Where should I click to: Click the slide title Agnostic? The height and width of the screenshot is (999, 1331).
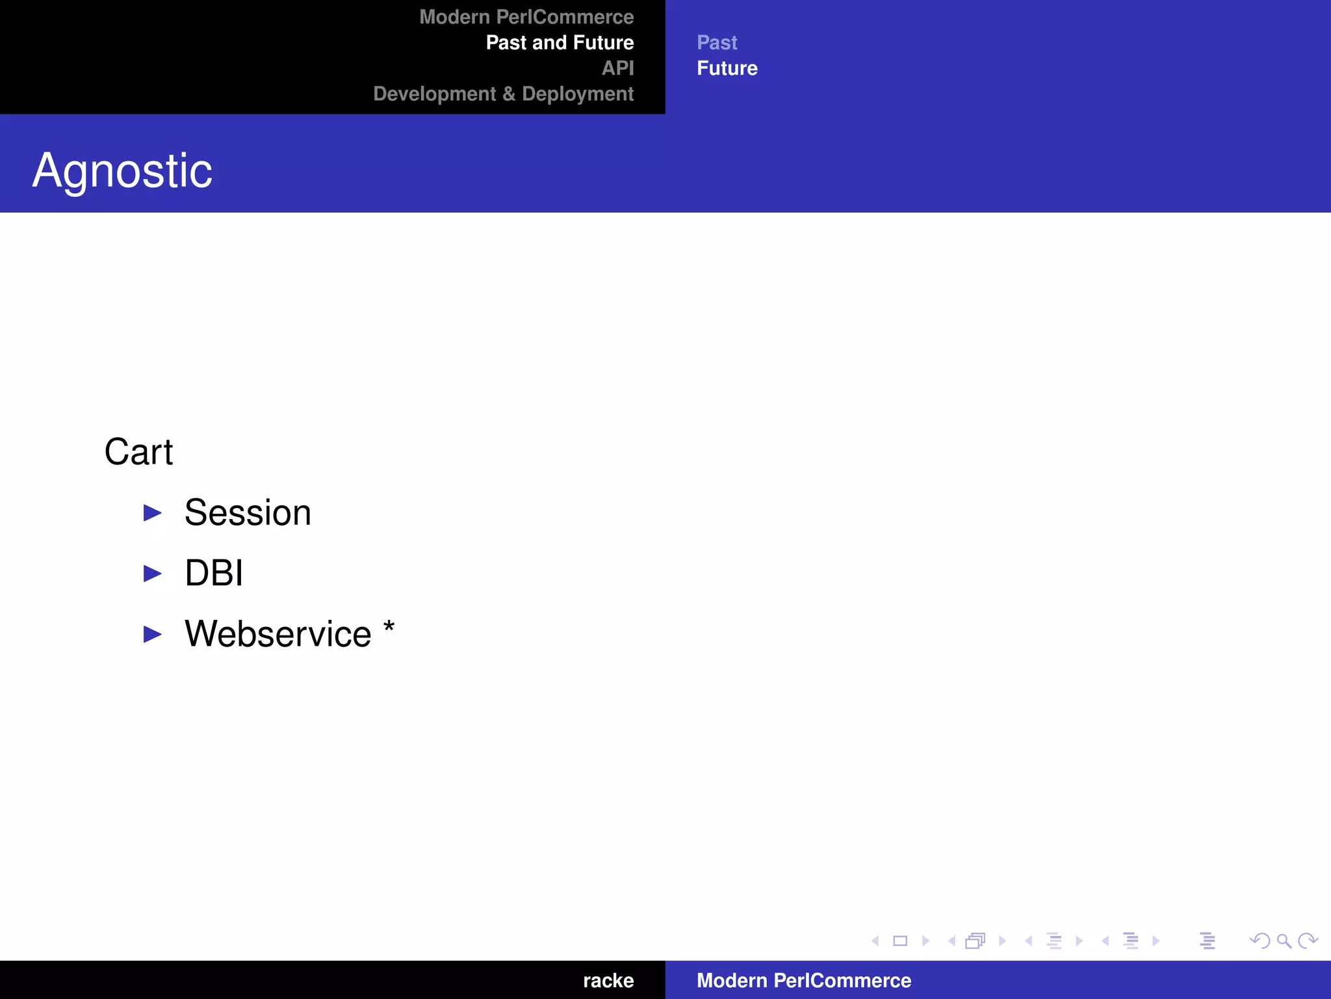point(122,171)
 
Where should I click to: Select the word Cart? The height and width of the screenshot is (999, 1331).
point(138,452)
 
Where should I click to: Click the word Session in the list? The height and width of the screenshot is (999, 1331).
point(248,513)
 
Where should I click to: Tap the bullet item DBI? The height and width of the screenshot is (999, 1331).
point(214,573)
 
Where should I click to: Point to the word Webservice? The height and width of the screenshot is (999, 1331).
point(278,634)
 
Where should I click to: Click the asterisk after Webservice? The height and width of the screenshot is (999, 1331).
point(389,628)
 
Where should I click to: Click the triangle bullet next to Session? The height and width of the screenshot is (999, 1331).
point(153,513)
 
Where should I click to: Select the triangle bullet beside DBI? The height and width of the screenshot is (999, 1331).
point(153,574)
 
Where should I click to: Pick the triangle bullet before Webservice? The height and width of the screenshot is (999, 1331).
point(153,634)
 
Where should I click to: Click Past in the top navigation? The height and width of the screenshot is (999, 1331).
point(717,43)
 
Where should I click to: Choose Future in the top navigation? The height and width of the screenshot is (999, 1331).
point(727,68)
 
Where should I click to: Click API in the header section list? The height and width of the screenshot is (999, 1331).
point(617,68)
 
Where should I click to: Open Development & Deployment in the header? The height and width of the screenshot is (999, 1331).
point(503,94)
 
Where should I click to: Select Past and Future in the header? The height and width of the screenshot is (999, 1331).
point(560,43)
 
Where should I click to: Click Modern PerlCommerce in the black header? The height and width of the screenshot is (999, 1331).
point(526,17)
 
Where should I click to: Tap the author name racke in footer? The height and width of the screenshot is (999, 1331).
point(608,980)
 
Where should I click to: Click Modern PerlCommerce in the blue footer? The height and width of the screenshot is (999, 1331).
point(804,980)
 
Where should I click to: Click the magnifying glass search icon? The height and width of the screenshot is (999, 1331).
point(1284,941)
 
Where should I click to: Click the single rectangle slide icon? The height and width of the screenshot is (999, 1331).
point(900,941)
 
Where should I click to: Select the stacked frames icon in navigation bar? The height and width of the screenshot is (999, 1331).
point(976,941)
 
